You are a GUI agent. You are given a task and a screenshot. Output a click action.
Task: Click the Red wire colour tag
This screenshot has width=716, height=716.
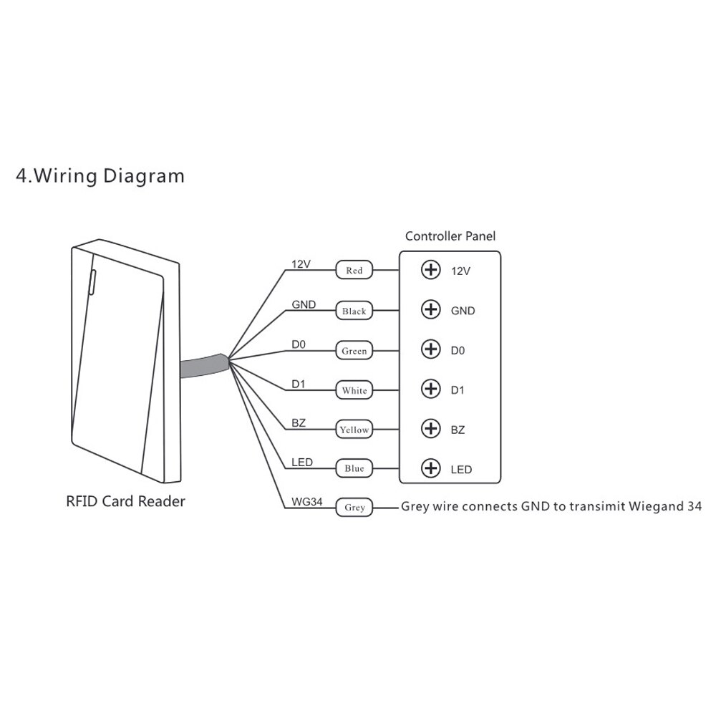tap(354, 271)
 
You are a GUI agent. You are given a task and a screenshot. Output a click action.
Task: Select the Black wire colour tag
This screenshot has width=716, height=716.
tap(354, 311)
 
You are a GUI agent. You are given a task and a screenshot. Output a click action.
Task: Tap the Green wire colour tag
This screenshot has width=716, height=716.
tap(354, 351)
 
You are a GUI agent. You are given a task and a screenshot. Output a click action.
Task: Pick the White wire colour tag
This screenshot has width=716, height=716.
tap(354, 390)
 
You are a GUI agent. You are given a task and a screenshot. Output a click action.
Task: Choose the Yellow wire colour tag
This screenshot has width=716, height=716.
tap(354, 430)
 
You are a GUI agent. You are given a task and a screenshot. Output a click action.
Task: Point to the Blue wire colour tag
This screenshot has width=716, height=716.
tap(354, 468)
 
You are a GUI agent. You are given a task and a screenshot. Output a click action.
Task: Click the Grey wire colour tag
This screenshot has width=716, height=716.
tap(354, 507)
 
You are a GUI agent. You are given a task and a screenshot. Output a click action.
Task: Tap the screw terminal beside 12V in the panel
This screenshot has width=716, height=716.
tap(430, 270)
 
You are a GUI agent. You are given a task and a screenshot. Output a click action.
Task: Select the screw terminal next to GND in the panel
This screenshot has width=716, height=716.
tap(430, 310)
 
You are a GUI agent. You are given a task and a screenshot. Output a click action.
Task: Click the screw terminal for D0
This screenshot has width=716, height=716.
tap(430, 349)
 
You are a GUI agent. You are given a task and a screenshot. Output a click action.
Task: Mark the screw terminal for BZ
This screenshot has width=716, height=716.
tap(430, 429)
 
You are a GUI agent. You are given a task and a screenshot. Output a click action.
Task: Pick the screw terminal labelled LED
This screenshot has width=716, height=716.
tap(430, 468)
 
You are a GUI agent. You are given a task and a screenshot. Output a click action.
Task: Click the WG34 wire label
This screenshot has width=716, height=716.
tap(307, 502)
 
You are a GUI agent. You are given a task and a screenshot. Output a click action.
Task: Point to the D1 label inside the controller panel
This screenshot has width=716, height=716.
tap(458, 390)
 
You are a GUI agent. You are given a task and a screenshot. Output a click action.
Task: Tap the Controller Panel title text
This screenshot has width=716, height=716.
tap(450, 236)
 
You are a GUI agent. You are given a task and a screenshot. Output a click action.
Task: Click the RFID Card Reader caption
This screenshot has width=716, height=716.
tap(125, 501)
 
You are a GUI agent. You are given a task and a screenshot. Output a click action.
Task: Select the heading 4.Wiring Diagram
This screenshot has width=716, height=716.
tap(100, 175)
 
